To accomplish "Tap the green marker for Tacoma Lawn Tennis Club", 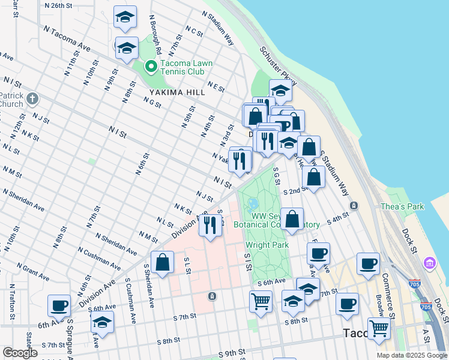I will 151,66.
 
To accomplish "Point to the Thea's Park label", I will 402,207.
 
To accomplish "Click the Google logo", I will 20,353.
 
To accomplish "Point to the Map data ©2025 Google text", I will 412,355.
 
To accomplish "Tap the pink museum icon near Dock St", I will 430,262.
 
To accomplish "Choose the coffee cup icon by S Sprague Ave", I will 59,305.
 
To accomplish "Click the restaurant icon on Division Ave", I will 209,225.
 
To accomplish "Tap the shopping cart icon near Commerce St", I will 379,328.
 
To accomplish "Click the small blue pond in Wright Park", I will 253,204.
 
